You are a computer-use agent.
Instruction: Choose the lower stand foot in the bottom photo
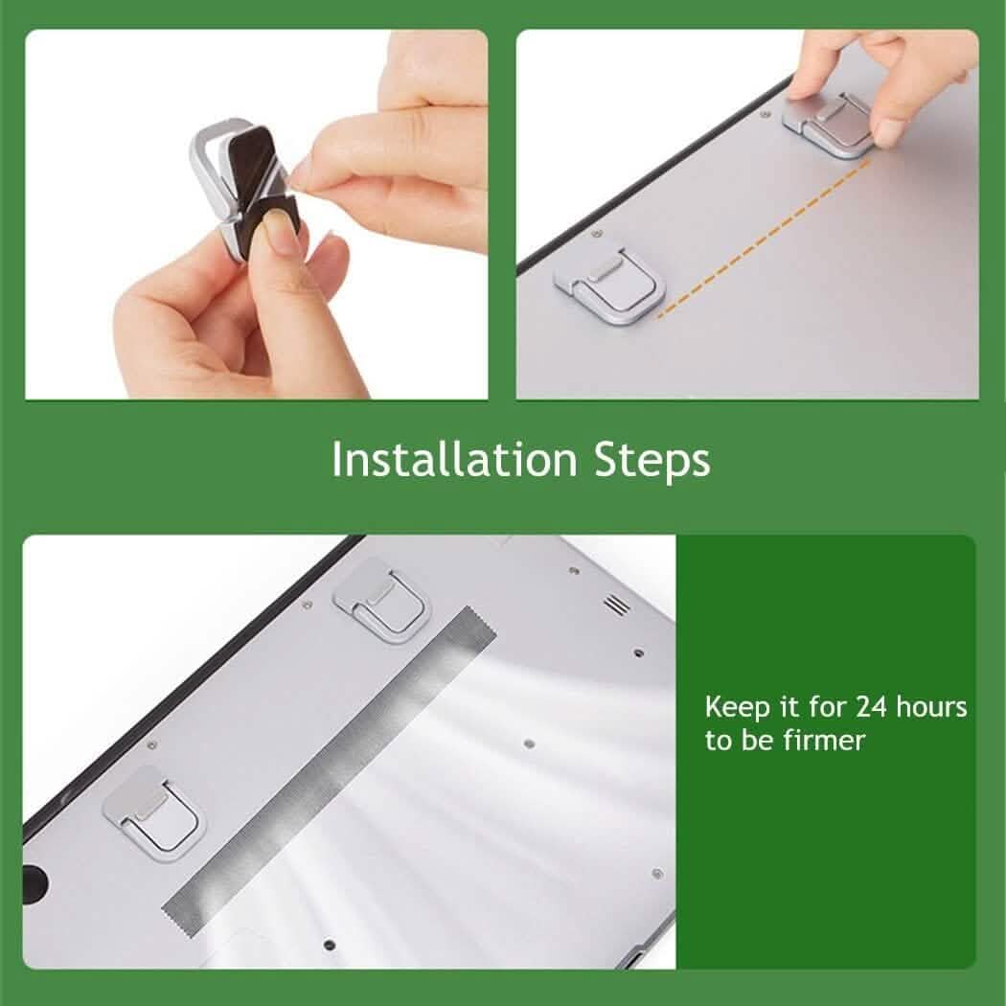tap(153, 805)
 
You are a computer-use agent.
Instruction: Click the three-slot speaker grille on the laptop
tap(615, 605)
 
